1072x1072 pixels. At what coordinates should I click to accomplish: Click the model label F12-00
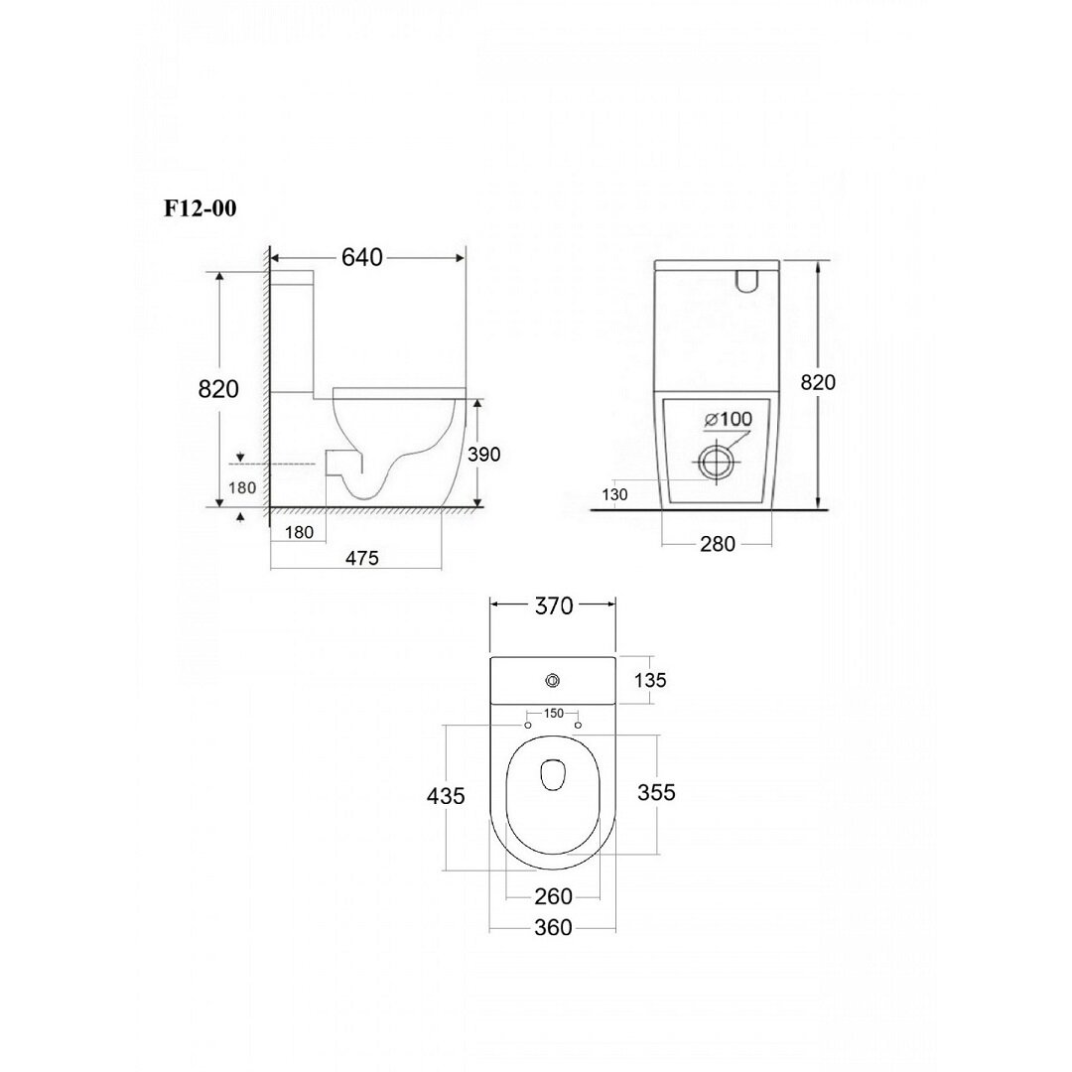[201, 207]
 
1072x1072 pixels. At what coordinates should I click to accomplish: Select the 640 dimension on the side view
[361, 257]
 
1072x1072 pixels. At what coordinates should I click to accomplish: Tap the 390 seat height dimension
[484, 454]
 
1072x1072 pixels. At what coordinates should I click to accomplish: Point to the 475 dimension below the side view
[361, 558]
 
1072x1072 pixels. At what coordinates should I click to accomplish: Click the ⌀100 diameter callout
[729, 419]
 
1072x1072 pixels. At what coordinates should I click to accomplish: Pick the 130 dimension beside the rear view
[614, 494]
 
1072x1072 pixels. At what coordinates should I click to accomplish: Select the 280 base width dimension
[718, 544]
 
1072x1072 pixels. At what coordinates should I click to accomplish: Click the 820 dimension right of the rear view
[818, 382]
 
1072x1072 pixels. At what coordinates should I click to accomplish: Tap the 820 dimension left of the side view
[218, 389]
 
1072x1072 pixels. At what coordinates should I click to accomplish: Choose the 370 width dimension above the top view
[554, 605]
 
